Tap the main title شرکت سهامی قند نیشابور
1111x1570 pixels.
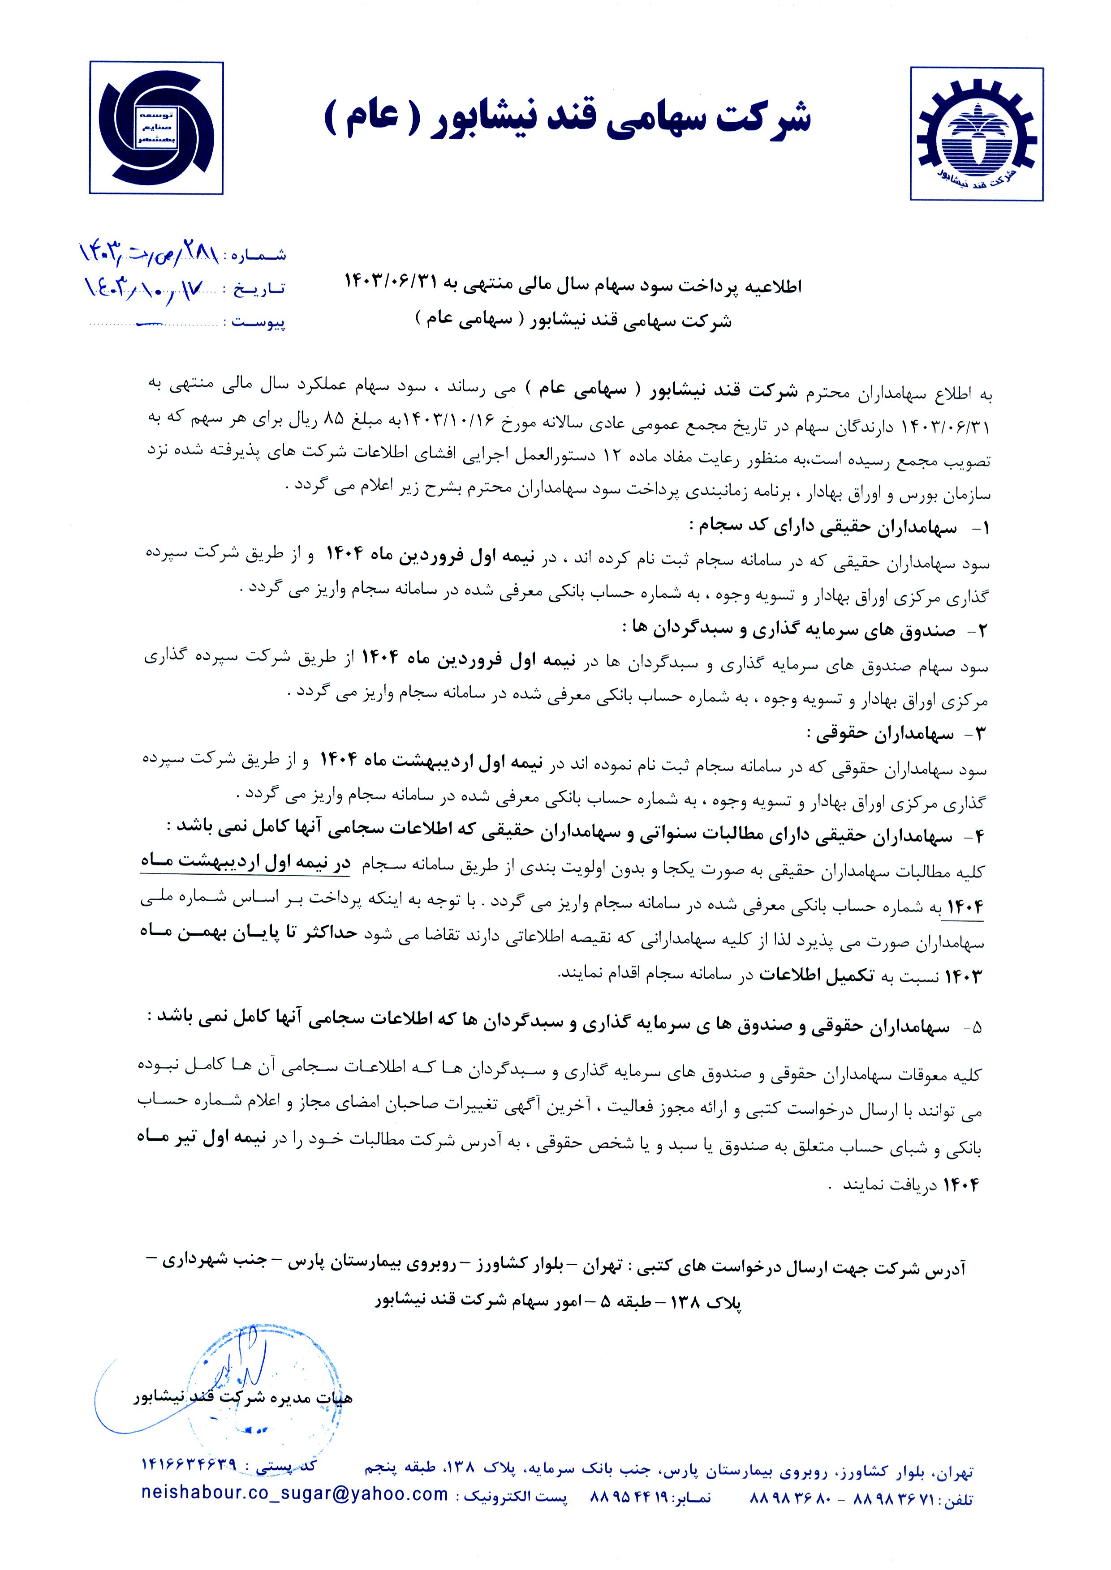pyautogui.click(x=567, y=118)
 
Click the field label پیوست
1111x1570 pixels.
pyautogui.click(x=258, y=321)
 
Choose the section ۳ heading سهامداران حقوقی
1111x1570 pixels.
pyautogui.click(x=879, y=734)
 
